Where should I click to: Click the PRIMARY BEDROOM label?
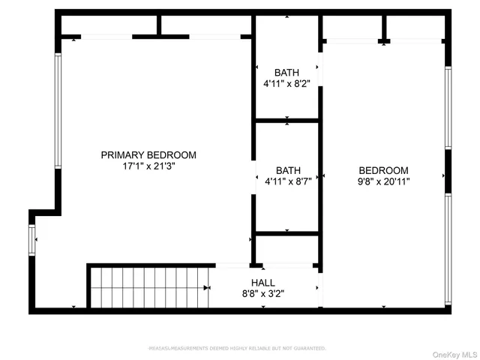pos(148,155)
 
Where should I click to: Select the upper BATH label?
pos(286,73)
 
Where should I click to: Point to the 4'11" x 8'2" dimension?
pos(286,84)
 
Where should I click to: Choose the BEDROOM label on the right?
pos(383,170)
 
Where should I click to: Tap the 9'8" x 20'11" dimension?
pos(383,181)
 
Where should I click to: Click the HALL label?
pos(262,283)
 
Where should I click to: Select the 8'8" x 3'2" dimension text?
pos(262,293)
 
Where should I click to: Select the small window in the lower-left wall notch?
pos(31,240)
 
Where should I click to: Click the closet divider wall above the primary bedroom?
pos(160,25)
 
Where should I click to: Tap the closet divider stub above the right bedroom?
pos(383,28)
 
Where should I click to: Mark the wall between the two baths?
pos(287,120)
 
